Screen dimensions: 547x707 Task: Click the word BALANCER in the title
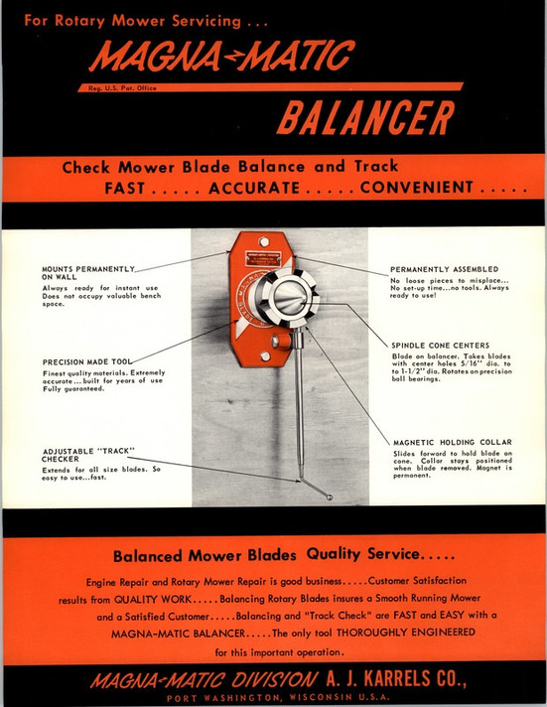point(365,119)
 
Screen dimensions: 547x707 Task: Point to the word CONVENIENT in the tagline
point(416,188)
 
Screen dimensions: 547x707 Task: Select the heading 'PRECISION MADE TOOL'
point(87,361)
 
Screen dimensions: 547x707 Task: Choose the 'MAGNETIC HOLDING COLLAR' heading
point(452,442)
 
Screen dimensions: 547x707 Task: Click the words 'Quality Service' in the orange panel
point(363,554)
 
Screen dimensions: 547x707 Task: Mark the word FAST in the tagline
point(132,188)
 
